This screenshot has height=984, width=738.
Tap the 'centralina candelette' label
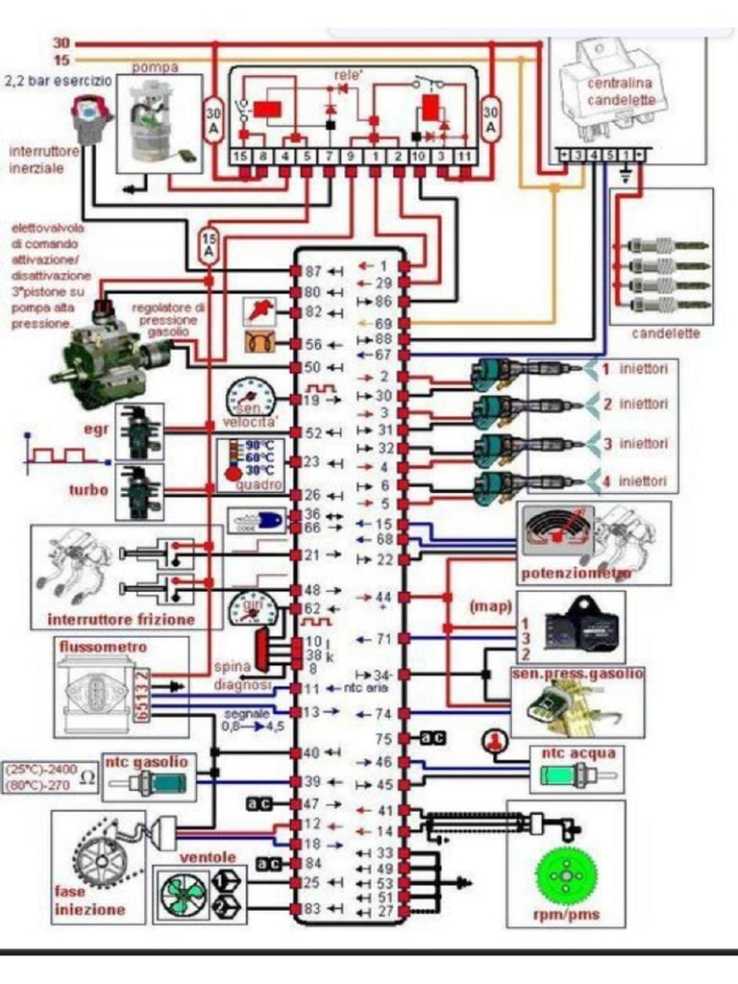coord(622,91)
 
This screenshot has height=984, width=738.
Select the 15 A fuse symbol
coord(209,245)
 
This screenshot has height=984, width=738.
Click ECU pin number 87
coord(311,272)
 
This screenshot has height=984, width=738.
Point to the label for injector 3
coord(635,444)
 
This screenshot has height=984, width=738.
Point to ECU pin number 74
coord(382,713)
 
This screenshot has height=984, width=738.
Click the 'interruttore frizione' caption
coord(121,620)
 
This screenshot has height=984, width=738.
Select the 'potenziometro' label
coord(576,574)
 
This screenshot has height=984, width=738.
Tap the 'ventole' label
coord(208,856)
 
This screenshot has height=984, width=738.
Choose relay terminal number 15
coord(240,155)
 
